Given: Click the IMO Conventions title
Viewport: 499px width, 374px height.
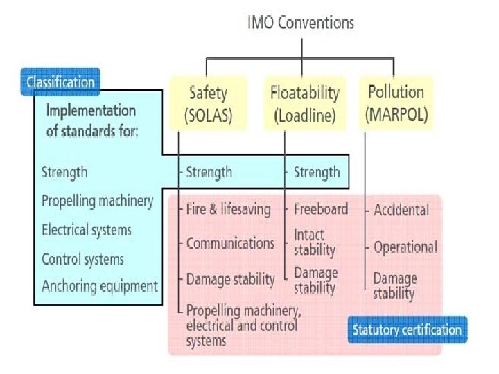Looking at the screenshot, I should click(301, 23).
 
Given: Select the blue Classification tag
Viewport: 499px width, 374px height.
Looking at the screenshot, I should click(61, 82).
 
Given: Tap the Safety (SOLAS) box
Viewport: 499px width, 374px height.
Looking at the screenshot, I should click(208, 104).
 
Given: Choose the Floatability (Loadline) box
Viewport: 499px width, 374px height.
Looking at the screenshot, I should click(304, 104).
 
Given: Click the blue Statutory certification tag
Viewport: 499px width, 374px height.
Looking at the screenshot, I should click(407, 330).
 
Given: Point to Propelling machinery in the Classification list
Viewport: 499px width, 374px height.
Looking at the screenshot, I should click(97, 201).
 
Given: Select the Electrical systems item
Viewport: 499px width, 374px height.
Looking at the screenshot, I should click(87, 230).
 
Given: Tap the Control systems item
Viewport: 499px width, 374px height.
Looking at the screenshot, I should click(82, 260).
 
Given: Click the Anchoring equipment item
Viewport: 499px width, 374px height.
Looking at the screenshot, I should click(100, 285).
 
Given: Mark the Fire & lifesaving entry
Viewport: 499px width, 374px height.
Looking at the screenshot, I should click(228, 208).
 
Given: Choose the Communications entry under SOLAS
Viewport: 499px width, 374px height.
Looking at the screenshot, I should click(230, 243).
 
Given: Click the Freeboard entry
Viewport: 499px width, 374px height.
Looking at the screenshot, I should click(321, 208).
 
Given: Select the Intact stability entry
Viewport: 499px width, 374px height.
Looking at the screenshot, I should click(314, 242).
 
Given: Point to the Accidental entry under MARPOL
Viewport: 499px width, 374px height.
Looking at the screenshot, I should click(401, 210).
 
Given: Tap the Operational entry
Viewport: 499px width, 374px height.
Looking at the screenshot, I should click(405, 247).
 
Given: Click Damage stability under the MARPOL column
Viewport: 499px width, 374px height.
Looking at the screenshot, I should click(395, 285).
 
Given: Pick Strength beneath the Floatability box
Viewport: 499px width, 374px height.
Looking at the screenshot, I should click(317, 172).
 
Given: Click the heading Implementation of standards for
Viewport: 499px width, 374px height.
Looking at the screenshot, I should click(92, 121).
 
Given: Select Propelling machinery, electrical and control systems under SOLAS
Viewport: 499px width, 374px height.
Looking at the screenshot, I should click(242, 325).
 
